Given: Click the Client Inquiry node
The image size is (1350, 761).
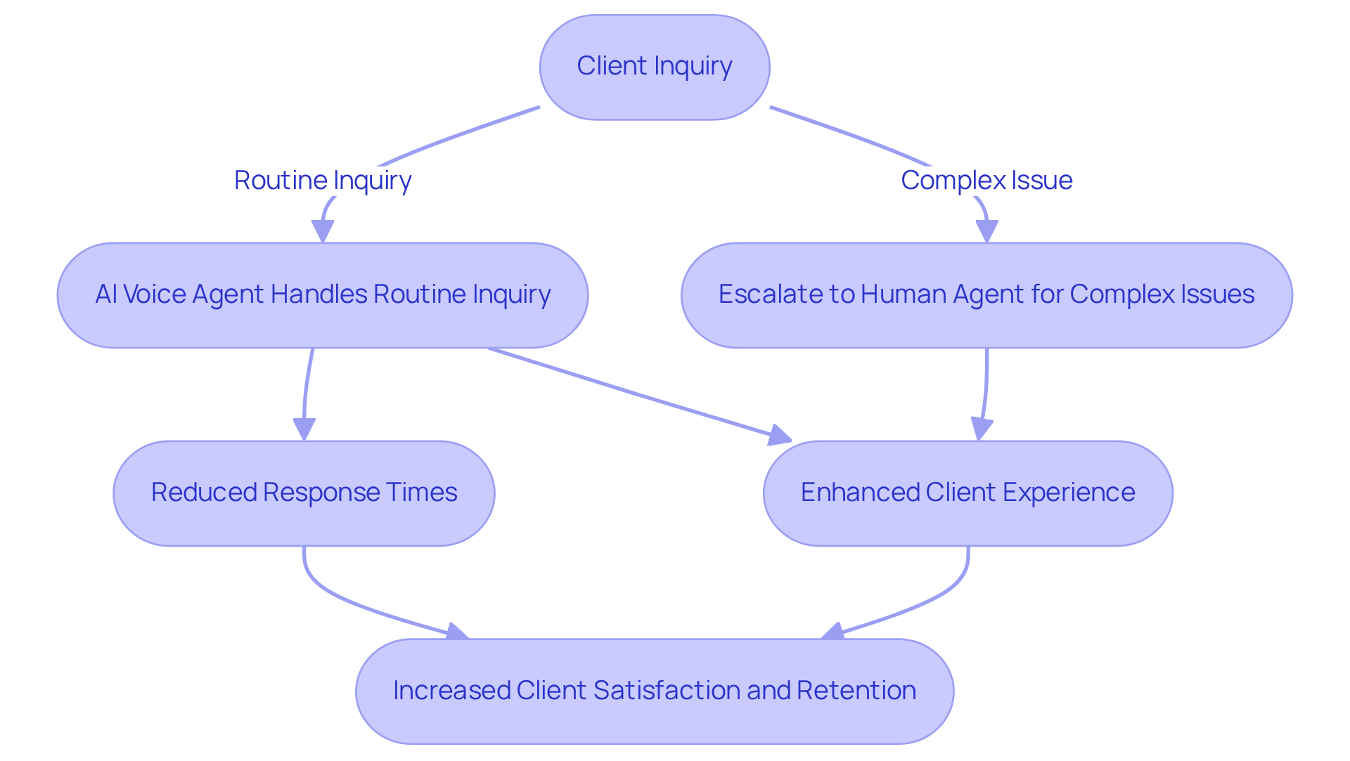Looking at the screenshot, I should (x=654, y=67).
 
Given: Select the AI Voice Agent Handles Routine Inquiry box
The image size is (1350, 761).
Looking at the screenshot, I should (x=322, y=295).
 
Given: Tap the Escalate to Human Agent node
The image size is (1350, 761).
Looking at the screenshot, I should (x=986, y=295).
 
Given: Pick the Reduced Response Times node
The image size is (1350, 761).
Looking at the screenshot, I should (x=304, y=493).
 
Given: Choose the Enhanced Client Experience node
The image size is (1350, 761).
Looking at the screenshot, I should (x=967, y=493).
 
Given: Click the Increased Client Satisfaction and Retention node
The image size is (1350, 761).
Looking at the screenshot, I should (x=654, y=691).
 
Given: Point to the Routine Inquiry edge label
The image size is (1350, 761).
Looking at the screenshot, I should (x=322, y=181).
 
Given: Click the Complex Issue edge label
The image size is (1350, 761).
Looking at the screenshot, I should (x=986, y=181).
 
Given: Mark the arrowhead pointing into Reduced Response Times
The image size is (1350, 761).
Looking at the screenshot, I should (x=304, y=429).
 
